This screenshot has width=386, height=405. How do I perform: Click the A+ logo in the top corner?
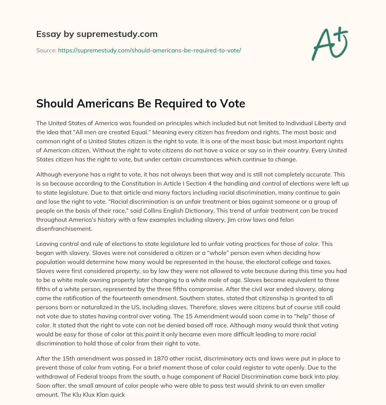329,43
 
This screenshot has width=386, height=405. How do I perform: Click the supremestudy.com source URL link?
149,50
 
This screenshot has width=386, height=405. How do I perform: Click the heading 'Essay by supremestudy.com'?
97,34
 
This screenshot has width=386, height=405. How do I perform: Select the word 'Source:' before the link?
46,50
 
